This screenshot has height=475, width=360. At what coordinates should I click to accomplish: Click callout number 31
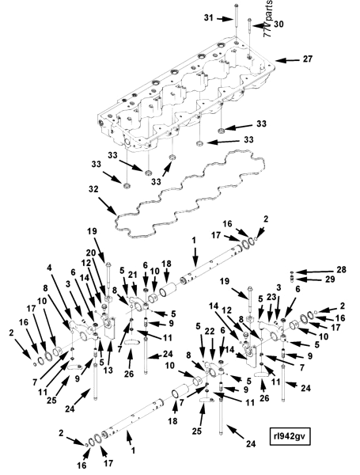pos(208,18)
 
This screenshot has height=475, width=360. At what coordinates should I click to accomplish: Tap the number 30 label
pos(279,25)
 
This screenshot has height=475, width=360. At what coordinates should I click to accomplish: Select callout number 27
pos(307,59)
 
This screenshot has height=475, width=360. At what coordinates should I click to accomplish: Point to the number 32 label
pos(93,189)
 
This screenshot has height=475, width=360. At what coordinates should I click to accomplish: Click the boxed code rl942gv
pos(290,436)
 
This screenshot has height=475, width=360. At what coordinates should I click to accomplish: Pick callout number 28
pos(341,269)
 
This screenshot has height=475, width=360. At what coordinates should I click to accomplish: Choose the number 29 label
pos(330,279)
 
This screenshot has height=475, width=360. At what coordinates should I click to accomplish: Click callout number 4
pos(50,268)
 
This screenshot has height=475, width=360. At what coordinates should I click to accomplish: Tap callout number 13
pos(108,370)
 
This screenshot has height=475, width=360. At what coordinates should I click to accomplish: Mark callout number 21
pos(132,275)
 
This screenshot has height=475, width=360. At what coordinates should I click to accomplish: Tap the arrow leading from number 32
pos(108,207)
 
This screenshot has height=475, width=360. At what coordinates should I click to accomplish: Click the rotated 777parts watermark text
pos(268,18)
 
